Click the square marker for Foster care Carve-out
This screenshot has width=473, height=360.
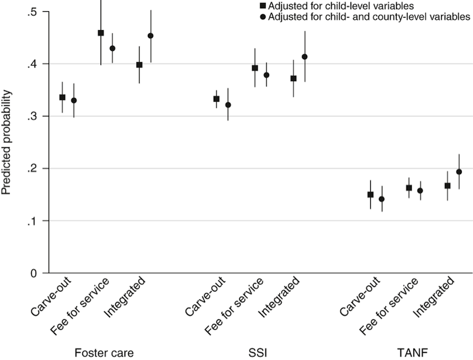(x=63, y=97)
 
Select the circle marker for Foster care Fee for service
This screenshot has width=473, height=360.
(x=112, y=48)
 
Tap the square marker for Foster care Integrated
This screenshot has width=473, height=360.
(x=140, y=64)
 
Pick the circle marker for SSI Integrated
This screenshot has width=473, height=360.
(x=305, y=57)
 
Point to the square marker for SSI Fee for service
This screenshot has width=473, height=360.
(x=255, y=68)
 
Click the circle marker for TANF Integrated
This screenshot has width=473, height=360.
(x=459, y=171)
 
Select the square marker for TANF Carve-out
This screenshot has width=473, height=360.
(x=370, y=194)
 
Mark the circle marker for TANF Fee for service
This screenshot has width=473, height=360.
(x=420, y=190)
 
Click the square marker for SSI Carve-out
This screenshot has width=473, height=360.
(x=216, y=99)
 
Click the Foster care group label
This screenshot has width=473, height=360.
(x=103, y=352)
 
